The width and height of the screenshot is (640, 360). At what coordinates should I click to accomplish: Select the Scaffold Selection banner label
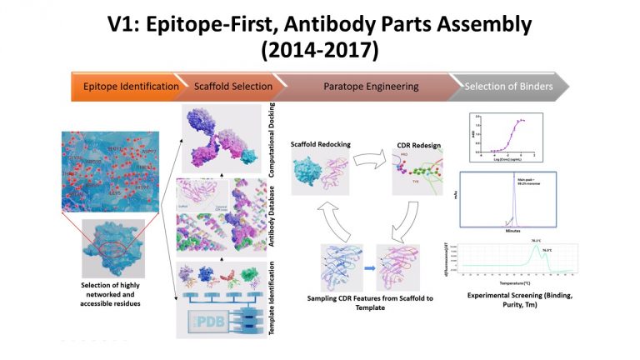click(233, 86)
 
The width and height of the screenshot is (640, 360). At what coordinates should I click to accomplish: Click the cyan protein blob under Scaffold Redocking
click(310, 177)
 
